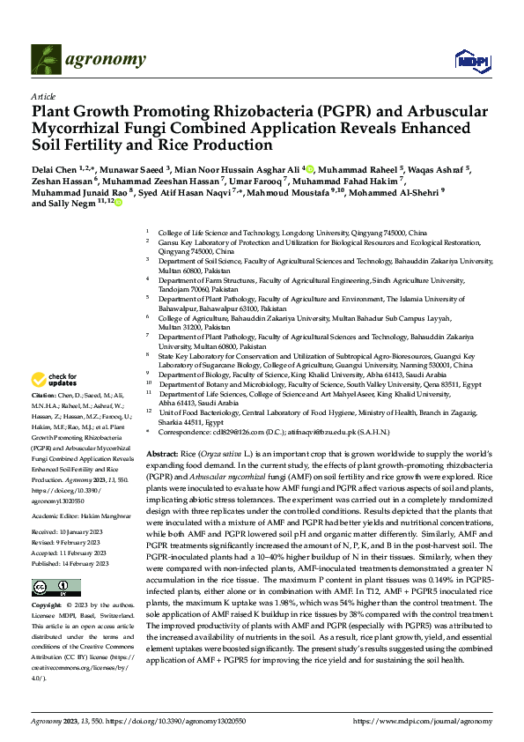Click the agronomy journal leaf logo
(x=46, y=59)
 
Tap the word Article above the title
(x=43, y=96)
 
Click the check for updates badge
(x=54, y=380)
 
